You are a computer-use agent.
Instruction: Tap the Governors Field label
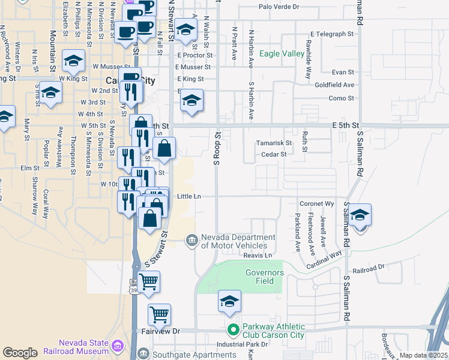(264, 277)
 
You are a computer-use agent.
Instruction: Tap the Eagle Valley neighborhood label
(282, 54)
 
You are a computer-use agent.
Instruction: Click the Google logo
(20, 353)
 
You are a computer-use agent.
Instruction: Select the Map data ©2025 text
(424, 355)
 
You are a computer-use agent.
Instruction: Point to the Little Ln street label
(188, 196)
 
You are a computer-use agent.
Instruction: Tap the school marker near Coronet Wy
(360, 215)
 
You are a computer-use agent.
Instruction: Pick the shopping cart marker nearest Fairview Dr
(159, 314)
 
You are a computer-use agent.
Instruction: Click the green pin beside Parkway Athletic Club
(233, 330)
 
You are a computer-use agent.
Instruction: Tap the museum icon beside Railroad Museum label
(117, 346)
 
